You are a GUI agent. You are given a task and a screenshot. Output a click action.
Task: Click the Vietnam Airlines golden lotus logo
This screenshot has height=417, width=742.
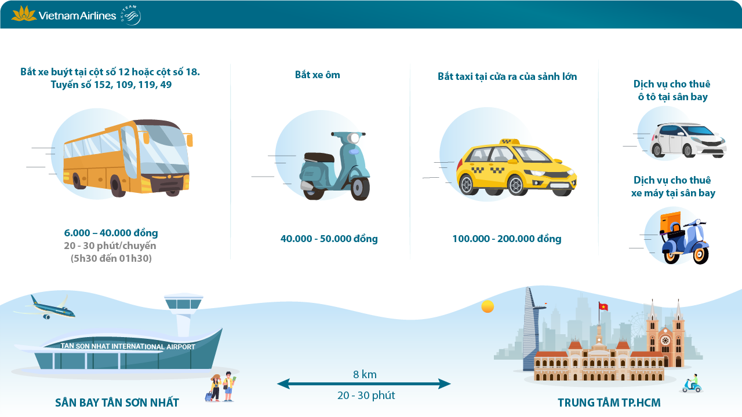click(x=24, y=14)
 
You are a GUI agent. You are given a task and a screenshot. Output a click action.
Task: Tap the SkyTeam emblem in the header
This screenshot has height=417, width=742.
click(x=130, y=16)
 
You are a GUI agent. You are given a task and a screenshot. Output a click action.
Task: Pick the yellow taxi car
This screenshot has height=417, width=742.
click(x=515, y=167)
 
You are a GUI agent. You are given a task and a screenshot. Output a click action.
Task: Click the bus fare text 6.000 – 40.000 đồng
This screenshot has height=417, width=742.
click(x=111, y=233)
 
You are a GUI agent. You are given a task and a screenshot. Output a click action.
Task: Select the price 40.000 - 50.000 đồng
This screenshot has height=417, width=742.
click(x=329, y=239)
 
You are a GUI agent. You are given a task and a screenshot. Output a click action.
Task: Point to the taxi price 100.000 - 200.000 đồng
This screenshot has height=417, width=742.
click(x=507, y=239)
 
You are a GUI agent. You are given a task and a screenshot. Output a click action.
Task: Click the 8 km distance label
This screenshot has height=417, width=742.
click(x=365, y=375)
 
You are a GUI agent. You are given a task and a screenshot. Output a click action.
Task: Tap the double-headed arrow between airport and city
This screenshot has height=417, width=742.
click(x=364, y=384)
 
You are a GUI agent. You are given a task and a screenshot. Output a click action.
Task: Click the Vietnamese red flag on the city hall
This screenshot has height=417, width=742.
click(x=603, y=306)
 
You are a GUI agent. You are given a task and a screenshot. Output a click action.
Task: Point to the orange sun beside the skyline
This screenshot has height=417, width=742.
click(x=488, y=306)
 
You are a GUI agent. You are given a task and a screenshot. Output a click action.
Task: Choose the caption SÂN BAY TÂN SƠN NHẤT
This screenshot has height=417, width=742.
click(x=117, y=403)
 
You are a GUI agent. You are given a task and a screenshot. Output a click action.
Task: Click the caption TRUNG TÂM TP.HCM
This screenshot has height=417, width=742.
click(x=609, y=403)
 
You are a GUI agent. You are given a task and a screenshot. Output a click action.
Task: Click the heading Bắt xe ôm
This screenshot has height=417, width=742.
click(x=317, y=75)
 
